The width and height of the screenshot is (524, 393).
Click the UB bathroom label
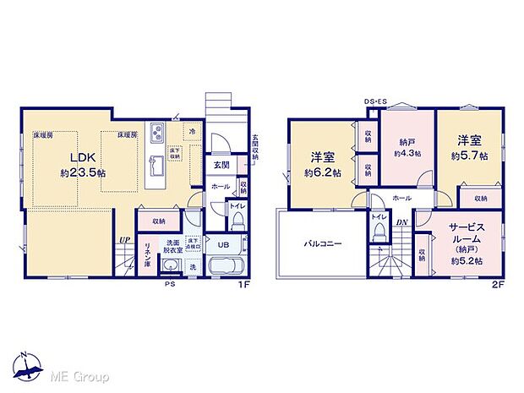pyautogui.click(x=222, y=245)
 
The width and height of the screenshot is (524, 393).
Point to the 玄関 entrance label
pyautogui.click(x=219, y=165)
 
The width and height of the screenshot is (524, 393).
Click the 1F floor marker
pyautogui.click(x=244, y=285)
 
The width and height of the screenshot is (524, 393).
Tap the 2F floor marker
pyautogui.click(x=499, y=285)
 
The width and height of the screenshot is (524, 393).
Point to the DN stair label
pyautogui.click(x=403, y=222)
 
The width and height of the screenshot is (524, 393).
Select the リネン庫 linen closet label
pyautogui.click(x=147, y=252)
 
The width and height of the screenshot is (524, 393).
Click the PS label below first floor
pyautogui.click(x=169, y=284)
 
